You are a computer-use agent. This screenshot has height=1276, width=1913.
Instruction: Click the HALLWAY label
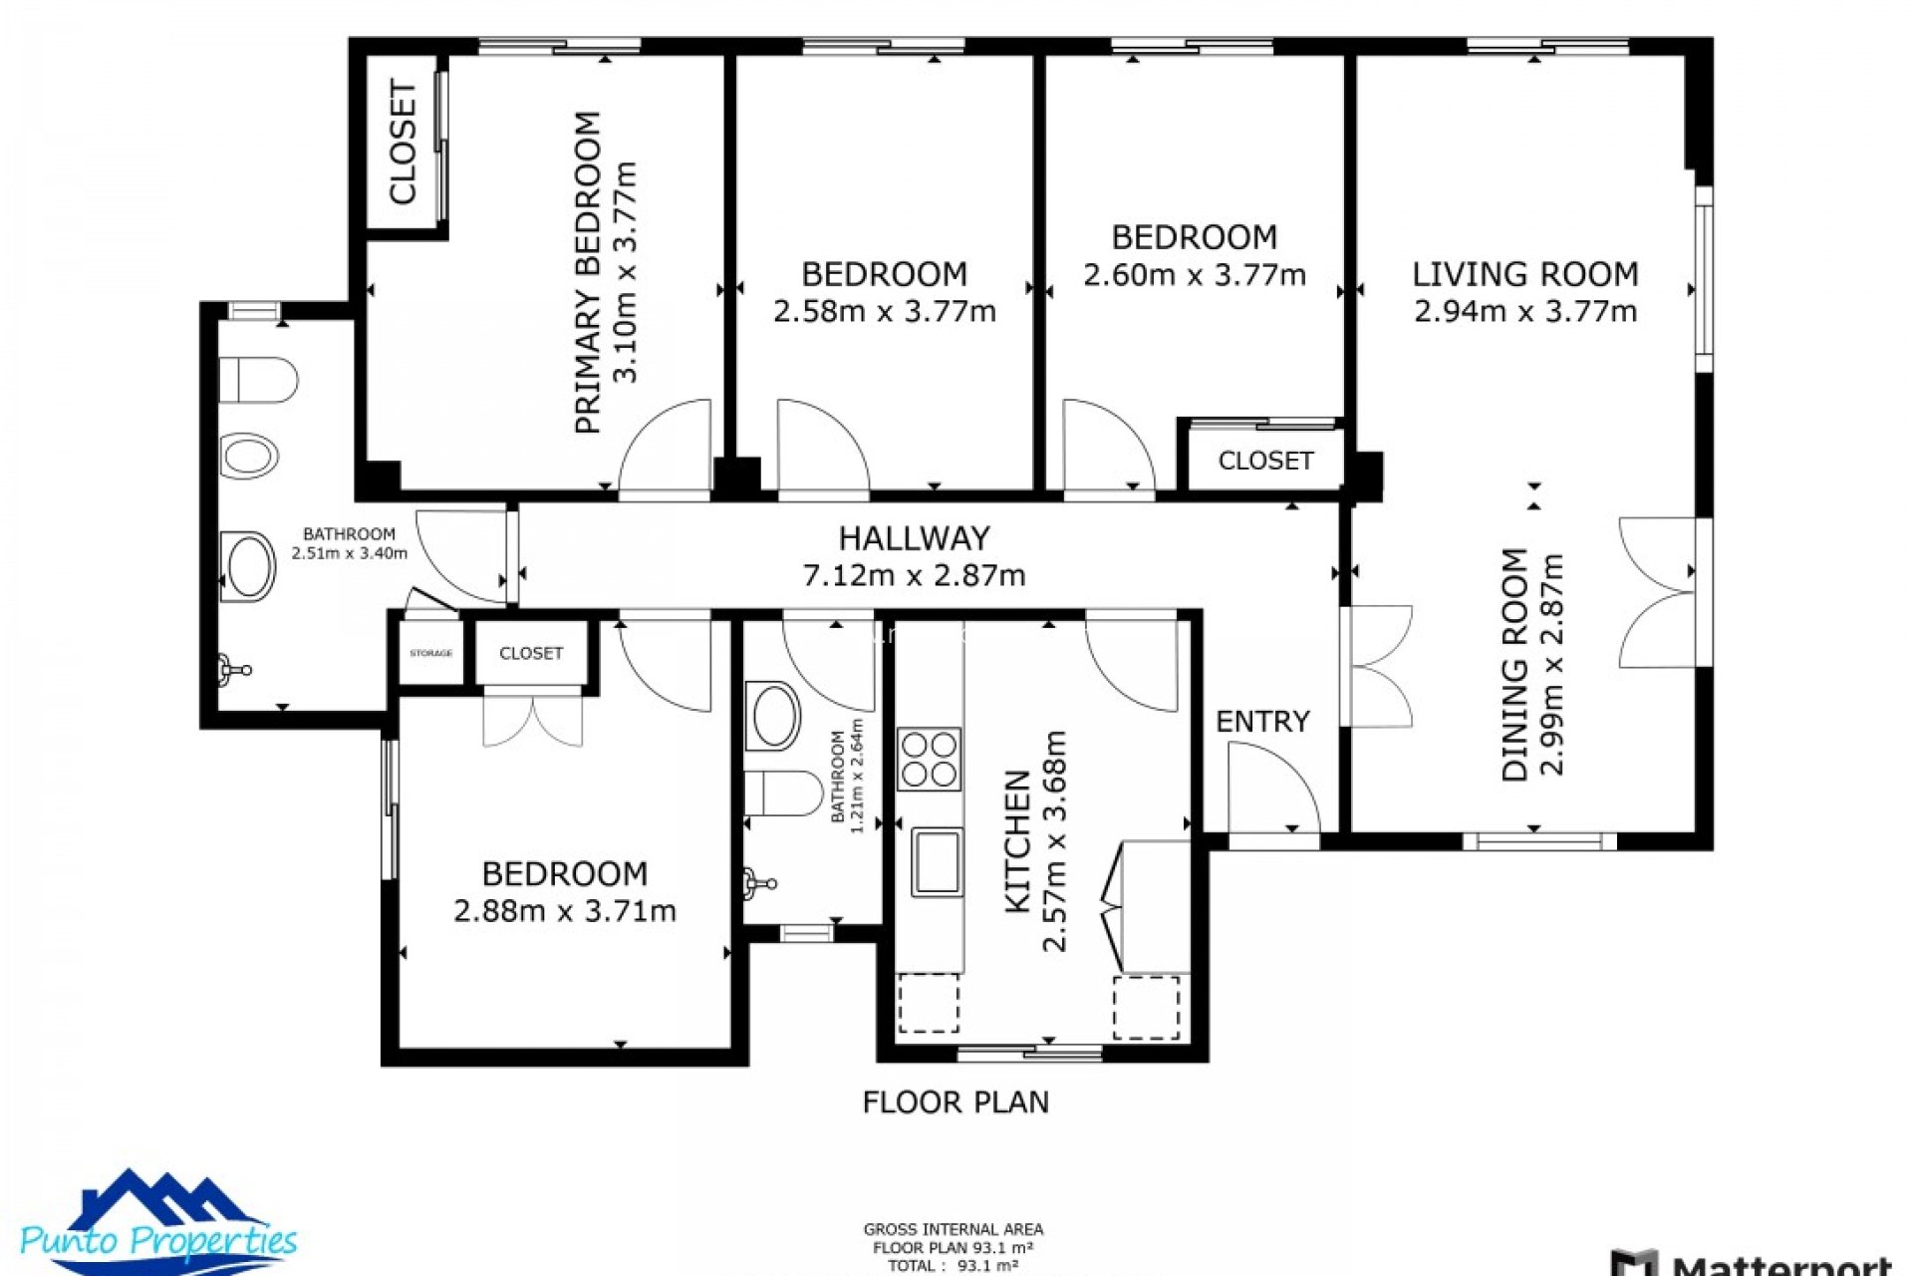(x=914, y=538)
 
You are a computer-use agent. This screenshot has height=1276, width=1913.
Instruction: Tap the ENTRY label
(x=1261, y=721)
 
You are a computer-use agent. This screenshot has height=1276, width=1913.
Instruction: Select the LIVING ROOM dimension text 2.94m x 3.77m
(x=1524, y=311)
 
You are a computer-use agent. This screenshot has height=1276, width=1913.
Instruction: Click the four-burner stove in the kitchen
(x=929, y=759)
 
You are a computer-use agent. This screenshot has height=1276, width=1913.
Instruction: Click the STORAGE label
(x=430, y=653)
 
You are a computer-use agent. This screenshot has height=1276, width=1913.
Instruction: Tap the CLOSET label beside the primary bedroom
(x=403, y=144)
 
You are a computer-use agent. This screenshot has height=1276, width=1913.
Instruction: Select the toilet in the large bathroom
(x=258, y=380)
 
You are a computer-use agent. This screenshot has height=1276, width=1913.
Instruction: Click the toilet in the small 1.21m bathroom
(x=783, y=793)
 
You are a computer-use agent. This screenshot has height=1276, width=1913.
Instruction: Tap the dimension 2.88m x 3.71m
(x=564, y=911)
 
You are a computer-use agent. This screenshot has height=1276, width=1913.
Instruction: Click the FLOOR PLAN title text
(x=955, y=1102)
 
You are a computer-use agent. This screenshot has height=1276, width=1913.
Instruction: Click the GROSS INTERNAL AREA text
(x=953, y=1229)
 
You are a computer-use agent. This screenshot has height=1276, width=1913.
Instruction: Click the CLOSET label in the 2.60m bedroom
(x=1265, y=461)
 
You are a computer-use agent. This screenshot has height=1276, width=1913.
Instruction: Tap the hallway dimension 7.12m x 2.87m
(x=914, y=575)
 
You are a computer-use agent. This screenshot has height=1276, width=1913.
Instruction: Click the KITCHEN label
(x=1016, y=841)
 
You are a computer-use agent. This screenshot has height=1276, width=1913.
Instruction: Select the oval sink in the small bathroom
(x=772, y=715)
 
